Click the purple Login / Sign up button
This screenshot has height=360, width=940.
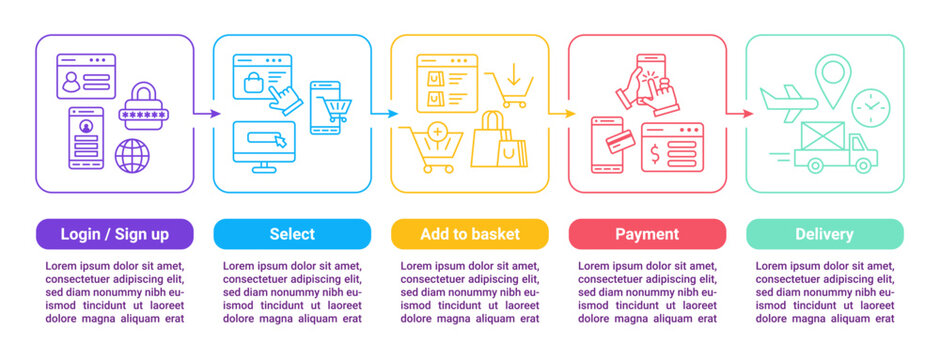pyautogui.click(x=114, y=234)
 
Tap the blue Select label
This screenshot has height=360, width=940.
pyautogui.click(x=292, y=234)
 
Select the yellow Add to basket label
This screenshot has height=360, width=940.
pyautogui.click(x=470, y=234)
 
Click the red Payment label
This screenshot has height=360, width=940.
pyautogui.click(x=647, y=234)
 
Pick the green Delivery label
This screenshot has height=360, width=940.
pyautogui.click(x=824, y=234)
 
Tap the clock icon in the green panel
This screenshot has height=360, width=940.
pyautogui.click(x=870, y=106)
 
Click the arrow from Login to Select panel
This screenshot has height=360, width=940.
pyautogui.click(x=207, y=114)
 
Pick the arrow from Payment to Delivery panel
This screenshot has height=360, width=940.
pyautogui.click(x=740, y=114)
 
